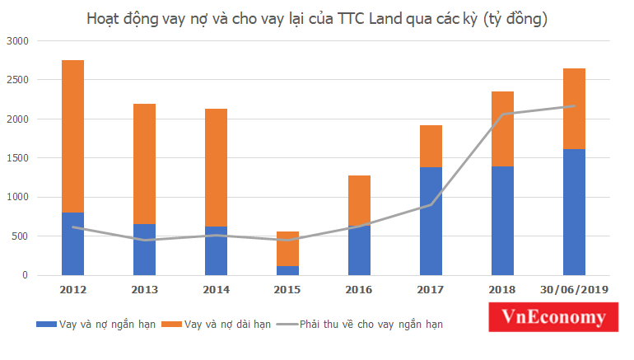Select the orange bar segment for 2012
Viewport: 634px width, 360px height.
(x=72, y=136)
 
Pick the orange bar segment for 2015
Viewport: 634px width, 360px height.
(x=287, y=249)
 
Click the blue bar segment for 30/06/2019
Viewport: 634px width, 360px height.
(x=574, y=212)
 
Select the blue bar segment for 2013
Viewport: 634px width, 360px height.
(x=144, y=249)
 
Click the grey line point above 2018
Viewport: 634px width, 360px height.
(x=502, y=115)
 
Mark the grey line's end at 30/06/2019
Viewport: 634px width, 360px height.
(x=574, y=105)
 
